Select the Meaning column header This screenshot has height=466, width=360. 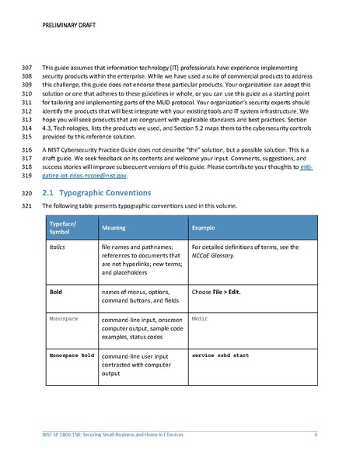click(x=115, y=227)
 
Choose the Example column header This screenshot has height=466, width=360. click(x=204, y=227)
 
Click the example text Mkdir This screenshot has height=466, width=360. click(x=199, y=319)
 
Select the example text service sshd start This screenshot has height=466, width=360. click(x=220, y=355)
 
